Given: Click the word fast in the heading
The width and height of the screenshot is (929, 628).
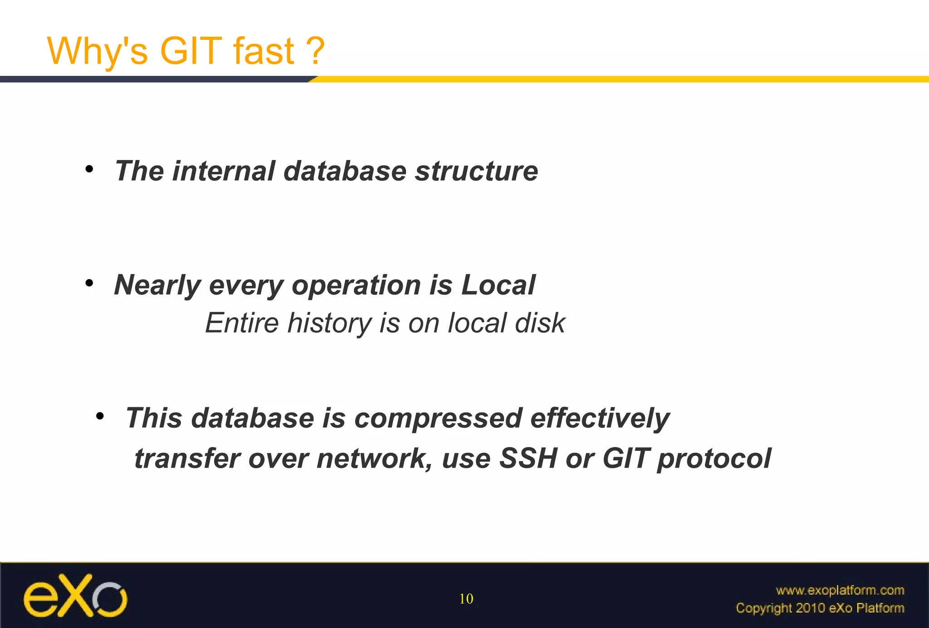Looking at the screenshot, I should (264, 51).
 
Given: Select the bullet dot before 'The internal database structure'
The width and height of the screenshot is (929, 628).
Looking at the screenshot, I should (89, 169).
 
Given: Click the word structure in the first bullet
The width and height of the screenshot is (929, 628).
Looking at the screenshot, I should (476, 171).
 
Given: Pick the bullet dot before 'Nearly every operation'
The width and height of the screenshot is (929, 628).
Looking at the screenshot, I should (89, 284).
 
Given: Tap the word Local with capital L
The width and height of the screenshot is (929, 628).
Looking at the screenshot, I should (498, 285).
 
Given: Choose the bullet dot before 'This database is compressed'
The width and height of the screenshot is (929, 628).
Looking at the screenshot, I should (100, 416).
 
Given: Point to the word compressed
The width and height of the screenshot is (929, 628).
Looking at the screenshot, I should (438, 418).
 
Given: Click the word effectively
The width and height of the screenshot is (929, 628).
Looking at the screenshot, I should (600, 418).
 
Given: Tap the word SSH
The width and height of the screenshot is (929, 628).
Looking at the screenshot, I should (528, 459).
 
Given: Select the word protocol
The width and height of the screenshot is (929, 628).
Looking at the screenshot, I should (714, 459).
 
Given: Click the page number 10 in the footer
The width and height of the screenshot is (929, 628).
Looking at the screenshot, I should (466, 599).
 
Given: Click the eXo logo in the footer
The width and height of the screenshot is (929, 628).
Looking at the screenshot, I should (75, 596).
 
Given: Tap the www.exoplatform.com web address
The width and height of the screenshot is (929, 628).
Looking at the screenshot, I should (840, 590).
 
